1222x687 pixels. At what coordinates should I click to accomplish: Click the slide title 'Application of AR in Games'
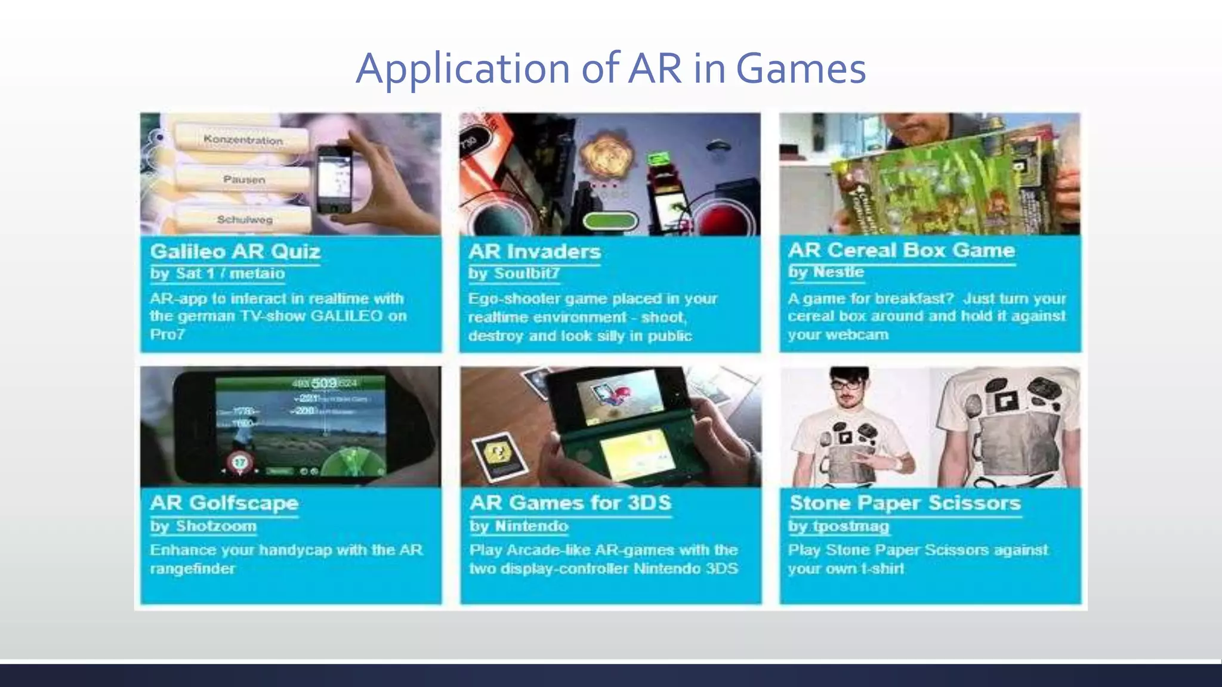[610, 69]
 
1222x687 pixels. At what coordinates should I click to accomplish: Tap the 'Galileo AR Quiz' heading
[235, 252]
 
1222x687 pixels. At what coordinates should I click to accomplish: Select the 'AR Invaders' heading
[534, 252]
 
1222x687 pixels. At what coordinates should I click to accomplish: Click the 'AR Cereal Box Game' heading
[901, 250]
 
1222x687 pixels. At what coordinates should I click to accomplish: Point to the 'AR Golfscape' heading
[224, 503]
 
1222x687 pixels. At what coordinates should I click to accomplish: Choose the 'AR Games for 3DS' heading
[570, 503]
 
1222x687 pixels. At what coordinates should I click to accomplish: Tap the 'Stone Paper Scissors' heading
[905, 503]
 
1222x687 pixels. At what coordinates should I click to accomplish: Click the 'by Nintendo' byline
[519, 526]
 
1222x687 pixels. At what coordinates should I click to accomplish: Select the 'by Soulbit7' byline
[514, 274]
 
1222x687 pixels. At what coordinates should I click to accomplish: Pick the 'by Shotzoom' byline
[203, 526]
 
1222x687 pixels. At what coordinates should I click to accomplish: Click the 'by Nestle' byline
[826, 272]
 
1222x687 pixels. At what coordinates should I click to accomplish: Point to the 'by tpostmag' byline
[838, 526]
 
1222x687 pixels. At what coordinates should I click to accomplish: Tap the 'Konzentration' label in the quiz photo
[243, 140]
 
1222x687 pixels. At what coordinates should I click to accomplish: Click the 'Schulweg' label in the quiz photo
[245, 219]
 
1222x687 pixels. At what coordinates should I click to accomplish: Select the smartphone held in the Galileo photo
[334, 180]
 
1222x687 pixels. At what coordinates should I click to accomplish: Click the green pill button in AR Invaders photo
[610, 221]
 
